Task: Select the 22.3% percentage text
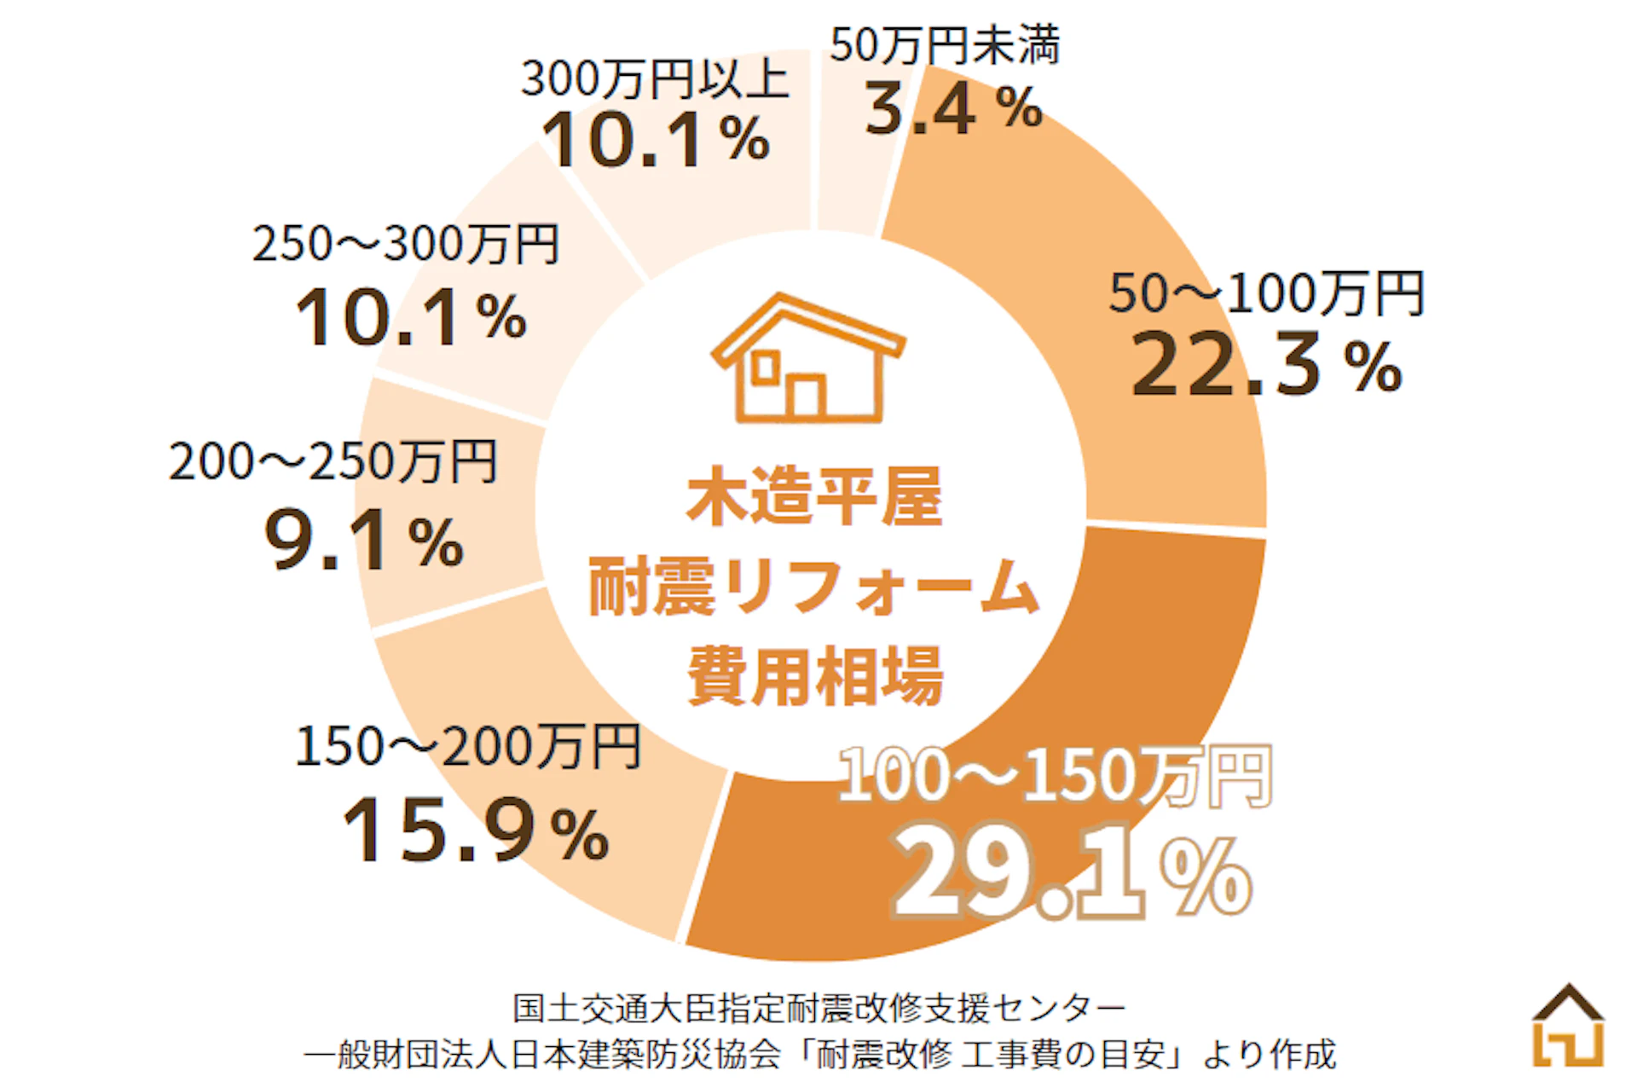coord(1266,366)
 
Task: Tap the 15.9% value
coord(475,830)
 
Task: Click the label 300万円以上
coord(655,79)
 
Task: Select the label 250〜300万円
coord(406,244)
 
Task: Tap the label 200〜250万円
coord(333,462)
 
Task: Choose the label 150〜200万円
coord(467,747)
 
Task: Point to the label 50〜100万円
coord(1266,294)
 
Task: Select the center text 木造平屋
coord(814,496)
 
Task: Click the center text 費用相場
coord(814,675)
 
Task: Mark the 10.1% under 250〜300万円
coord(410,318)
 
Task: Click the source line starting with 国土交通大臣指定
coord(818,1009)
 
